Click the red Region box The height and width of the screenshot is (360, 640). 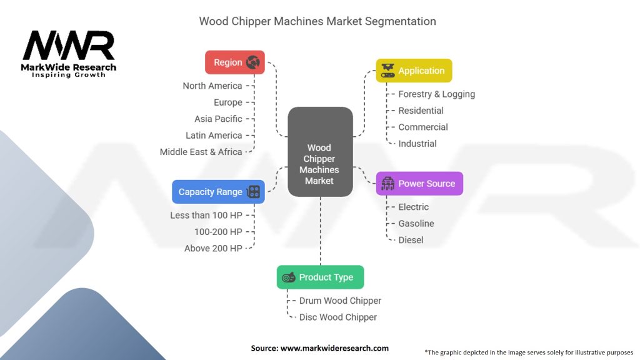point(235,62)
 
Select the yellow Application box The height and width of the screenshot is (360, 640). point(414,71)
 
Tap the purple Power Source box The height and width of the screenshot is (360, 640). point(419,184)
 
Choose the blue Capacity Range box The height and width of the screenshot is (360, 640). point(218,192)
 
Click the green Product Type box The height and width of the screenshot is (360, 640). point(320,277)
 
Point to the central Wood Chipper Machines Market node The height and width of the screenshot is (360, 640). point(320,152)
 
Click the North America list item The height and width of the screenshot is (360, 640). point(212,86)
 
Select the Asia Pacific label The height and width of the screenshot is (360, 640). point(218,119)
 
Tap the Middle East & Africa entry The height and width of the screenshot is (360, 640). point(201,152)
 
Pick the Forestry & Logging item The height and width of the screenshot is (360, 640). point(436,94)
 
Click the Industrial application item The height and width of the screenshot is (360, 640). point(417,143)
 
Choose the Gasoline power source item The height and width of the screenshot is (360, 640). point(416,223)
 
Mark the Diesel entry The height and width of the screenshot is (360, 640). point(411,240)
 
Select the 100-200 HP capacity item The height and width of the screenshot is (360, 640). point(218,232)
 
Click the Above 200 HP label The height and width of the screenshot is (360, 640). point(213,248)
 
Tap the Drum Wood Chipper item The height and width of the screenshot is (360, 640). point(340,301)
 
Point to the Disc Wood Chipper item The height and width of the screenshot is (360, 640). point(338,317)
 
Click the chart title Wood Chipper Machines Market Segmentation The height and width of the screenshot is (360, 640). point(317,21)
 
